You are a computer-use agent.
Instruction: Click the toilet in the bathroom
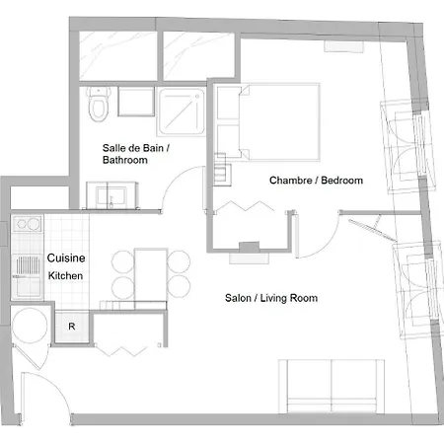point(99,104)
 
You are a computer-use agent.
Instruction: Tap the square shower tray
point(182,111)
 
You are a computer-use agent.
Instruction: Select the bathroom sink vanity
point(111,195)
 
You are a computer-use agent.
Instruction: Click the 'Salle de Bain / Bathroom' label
point(136,154)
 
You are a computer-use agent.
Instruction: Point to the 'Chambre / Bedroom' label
point(316,181)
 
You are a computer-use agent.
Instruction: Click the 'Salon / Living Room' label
point(271,298)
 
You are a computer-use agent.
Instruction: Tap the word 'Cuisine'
point(66,258)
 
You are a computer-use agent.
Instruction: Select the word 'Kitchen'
point(65,275)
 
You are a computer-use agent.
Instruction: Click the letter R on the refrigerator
point(72,327)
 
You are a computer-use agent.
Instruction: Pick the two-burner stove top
point(28,224)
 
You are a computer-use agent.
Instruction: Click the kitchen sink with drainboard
point(28,276)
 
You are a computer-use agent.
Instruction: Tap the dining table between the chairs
point(151,275)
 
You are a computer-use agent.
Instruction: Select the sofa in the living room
point(332,386)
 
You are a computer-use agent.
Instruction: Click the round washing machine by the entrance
point(30,326)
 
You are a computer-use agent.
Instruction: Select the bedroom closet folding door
point(246,206)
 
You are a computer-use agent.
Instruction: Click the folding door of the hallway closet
point(122,351)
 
